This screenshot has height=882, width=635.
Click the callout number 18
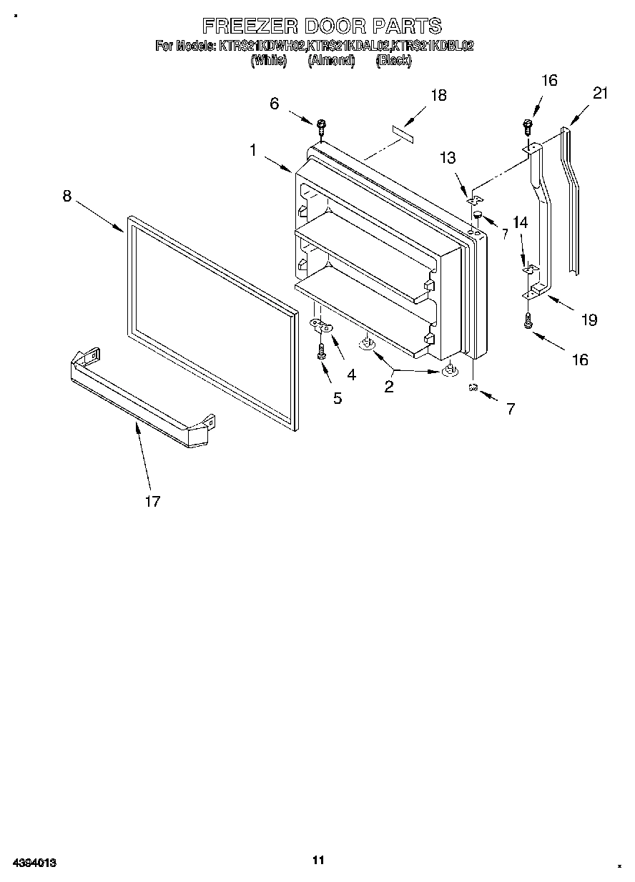pos(438,95)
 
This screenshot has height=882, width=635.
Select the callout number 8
pos(67,196)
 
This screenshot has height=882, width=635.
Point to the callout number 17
pos(152,502)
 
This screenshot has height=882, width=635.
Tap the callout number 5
pos(337,398)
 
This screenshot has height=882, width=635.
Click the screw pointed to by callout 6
pos(321,127)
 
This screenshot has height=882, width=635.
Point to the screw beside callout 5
pos(321,352)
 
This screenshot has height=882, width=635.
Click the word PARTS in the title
pos(405,26)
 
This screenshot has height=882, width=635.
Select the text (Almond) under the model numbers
pos(331,61)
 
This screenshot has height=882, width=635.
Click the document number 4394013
pos(34,863)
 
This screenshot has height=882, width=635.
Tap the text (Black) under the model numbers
pos(393,61)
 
